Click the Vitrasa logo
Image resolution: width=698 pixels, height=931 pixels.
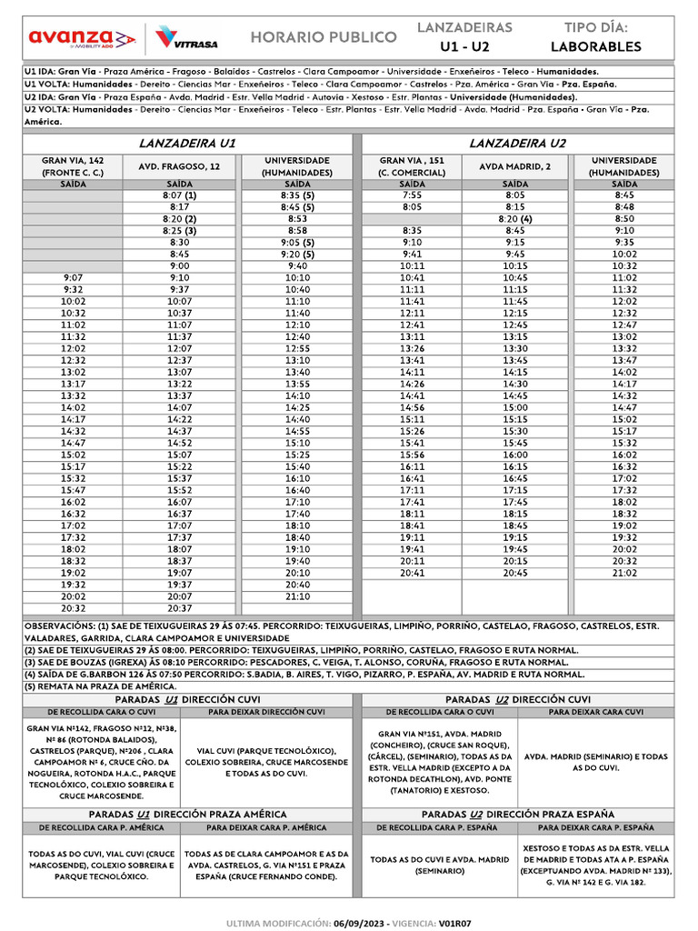pyautogui.click(x=185, y=37)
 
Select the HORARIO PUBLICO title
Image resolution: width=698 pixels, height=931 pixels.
pyautogui.click(x=324, y=37)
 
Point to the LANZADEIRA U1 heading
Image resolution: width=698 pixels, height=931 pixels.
pyautogui.click(x=187, y=144)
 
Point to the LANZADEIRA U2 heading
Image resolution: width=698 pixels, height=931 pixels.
pyautogui.click(x=518, y=144)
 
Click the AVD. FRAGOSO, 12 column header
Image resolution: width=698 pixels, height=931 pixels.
pyautogui.click(x=179, y=166)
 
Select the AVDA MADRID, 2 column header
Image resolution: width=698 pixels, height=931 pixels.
pyautogui.click(x=515, y=166)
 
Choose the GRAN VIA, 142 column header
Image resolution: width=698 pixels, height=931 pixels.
pyautogui.click(x=73, y=166)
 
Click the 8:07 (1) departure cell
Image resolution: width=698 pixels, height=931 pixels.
pyautogui.click(x=179, y=195)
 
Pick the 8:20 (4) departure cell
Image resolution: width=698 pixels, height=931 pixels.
pyautogui.click(x=515, y=219)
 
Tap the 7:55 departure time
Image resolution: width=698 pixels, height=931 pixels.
pyautogui.click(x=412, y=195)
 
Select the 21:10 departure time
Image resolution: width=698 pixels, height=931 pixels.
pyautogui.click(x=297, y=596)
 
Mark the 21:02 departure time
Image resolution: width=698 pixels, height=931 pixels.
pyautogui.click(x=624, y=574)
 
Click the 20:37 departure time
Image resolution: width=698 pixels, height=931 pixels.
pyautogui.click(x=179, y=608)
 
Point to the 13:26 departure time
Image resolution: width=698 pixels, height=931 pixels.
pyautogui.click(x=412, y=348)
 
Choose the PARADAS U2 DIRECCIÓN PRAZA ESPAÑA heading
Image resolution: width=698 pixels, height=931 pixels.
pyautogui.click(x=518, y=815)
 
